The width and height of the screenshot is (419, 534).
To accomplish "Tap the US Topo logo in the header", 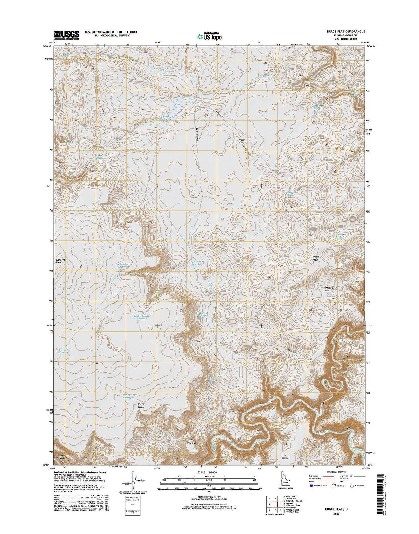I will click(209, 35).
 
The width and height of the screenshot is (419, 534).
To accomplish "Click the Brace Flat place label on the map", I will click(241, 141).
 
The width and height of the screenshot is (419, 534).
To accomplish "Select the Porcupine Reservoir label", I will click(198, 264).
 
